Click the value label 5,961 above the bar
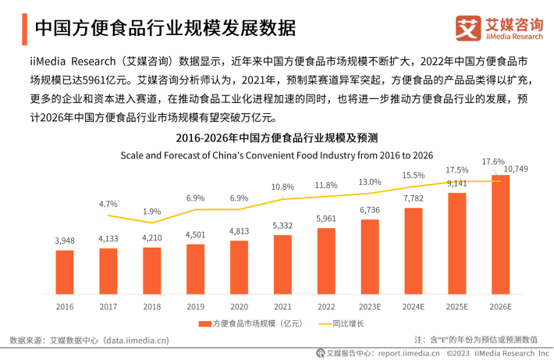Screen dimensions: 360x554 (x=326, y=219)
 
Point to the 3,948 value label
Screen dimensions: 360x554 (x=65, y=241)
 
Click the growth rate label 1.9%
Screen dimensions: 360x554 (x=152, y=212)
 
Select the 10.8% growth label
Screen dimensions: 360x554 (x=282, y=187)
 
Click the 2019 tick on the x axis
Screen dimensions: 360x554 (x=196, y=306)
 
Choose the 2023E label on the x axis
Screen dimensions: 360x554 (x=370, y=306)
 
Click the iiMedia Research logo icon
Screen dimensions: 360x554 (x=467, y=28)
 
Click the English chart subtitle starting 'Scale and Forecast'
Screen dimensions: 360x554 (x=276, y=155)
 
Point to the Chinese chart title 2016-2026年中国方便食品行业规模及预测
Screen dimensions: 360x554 (x=276, y=138)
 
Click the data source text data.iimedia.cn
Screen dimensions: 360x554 (x=137, y=340)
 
